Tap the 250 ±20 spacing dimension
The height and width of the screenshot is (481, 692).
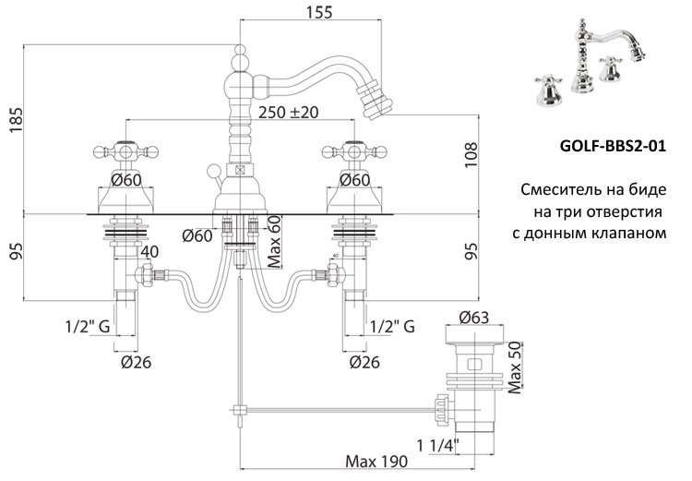tap(289, 113)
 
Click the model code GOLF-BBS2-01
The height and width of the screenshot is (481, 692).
tap(614, 146)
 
